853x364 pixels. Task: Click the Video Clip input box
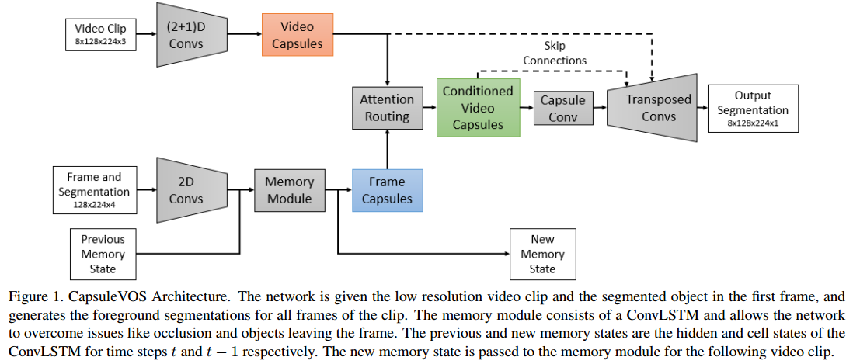(x=100, y=35)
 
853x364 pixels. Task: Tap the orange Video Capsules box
(x=297, y=35)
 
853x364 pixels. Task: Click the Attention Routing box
(x=387, y=107)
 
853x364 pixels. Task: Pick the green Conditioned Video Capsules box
(x=478, y=107)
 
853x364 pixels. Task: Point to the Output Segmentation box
(x=752, y=107)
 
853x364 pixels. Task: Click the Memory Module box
(x=289, y=190)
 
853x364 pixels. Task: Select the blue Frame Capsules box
(x=387, y=190)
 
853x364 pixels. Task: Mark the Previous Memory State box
(x=103, y=254)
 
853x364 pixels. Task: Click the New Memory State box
(x=542, y=254)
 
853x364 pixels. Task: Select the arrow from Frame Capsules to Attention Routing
(x=387, y=149)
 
